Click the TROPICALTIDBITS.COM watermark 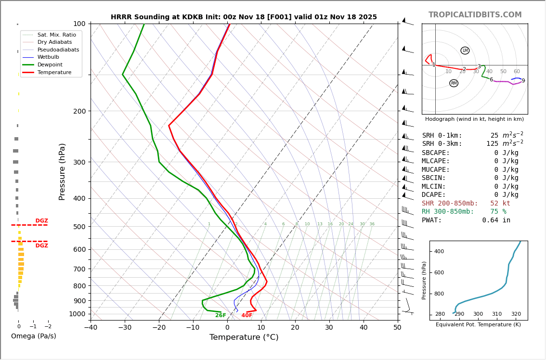[x=475, y=15]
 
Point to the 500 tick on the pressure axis [x=79, y=227]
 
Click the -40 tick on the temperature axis [x=91, y=328]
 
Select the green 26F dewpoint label [x=221, y=315]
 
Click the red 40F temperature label [x=247, y=315]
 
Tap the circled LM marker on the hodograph [x=465, y=51]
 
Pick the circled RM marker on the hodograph [x=454, y=83]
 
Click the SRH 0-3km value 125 [x=492, y=144]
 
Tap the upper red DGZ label [x=41, y=221]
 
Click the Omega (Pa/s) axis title [x=34, y=336]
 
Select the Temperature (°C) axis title [x=244, y=337]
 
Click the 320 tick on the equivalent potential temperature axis [x=516, y=314]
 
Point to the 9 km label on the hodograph [x=523, y=81]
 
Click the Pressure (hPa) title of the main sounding [x=62, y=171]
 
